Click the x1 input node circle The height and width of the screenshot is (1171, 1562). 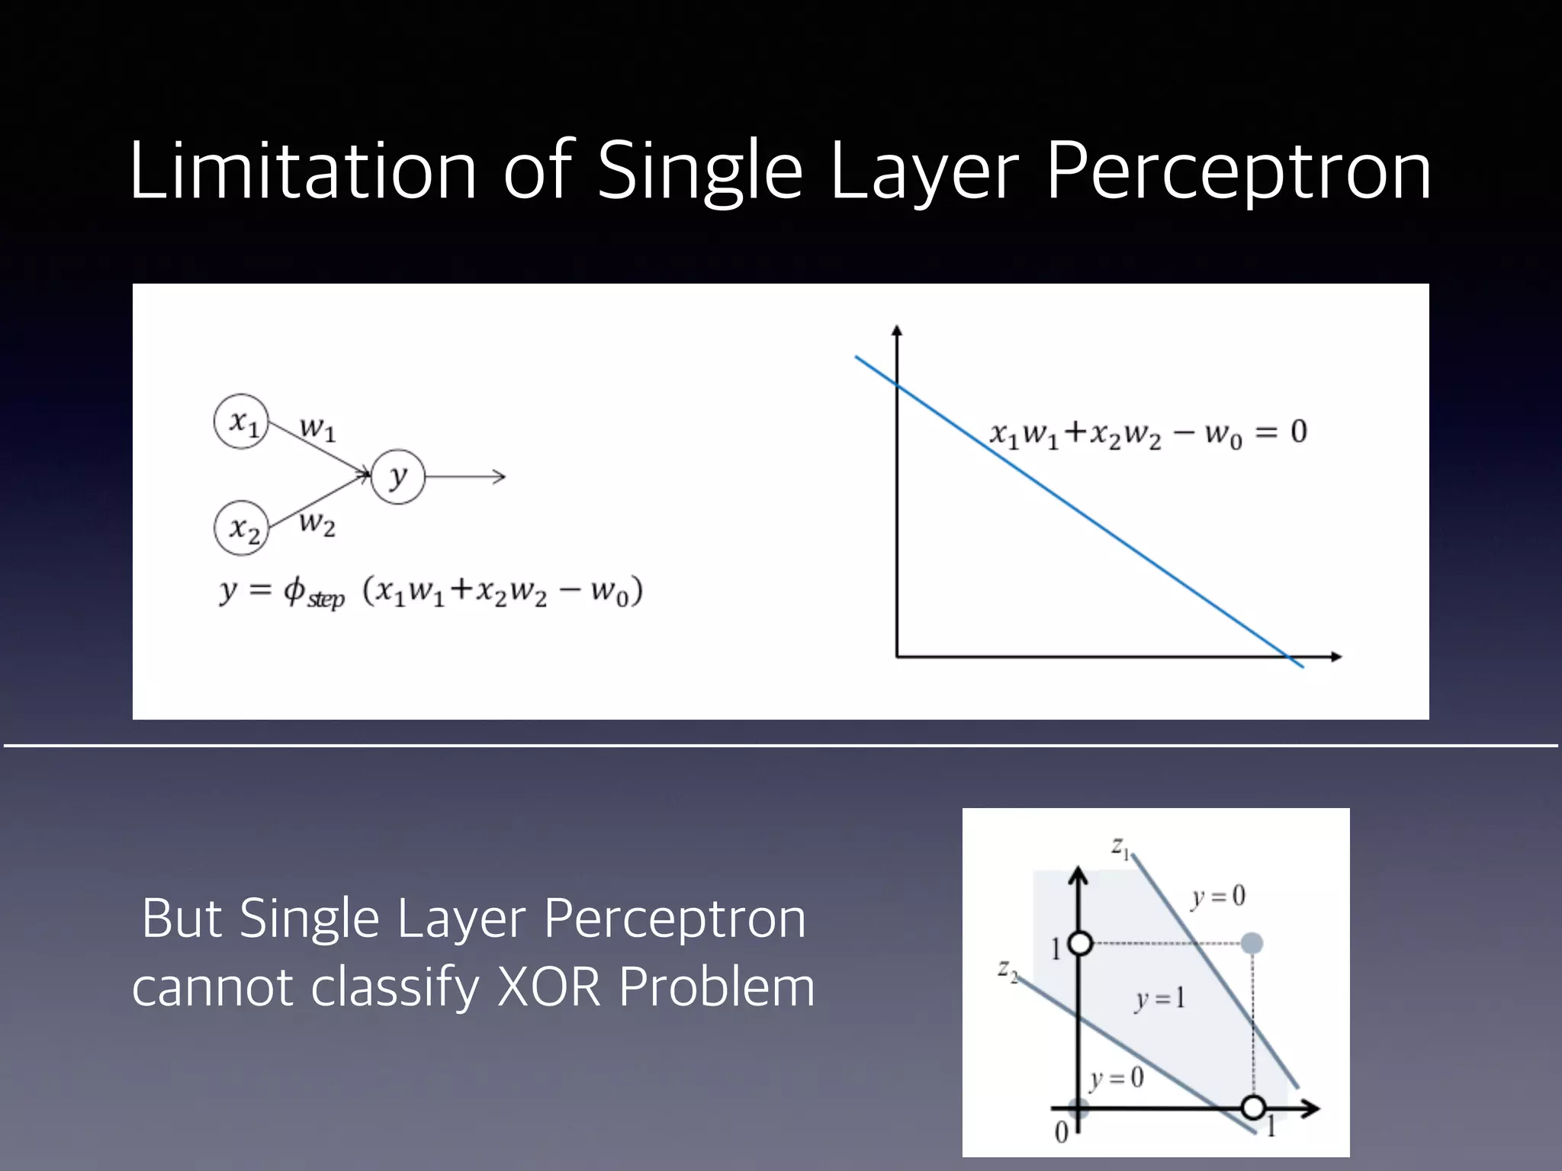242,422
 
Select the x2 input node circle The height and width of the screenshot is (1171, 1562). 242,528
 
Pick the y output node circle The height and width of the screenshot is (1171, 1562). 397,477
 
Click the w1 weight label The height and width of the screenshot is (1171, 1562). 317,429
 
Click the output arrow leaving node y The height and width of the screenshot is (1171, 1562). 465,477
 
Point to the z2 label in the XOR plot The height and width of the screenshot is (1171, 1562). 1008,971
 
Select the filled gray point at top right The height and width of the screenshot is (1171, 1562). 1252,944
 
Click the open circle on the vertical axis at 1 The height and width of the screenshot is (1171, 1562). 1080,944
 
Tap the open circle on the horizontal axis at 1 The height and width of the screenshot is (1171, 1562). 1252,1107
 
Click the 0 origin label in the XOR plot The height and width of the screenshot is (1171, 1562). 1061,1134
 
